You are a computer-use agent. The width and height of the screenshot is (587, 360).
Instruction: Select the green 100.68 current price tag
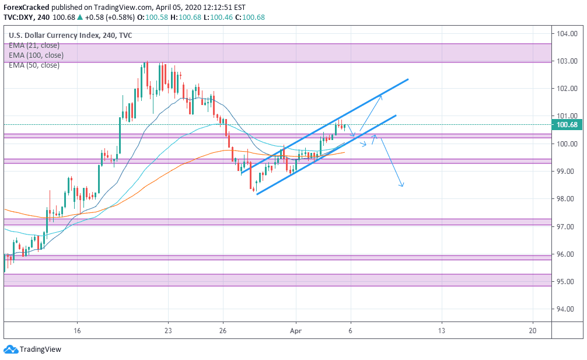click(567, 124)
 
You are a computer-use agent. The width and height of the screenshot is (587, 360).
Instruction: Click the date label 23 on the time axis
click(168, 330)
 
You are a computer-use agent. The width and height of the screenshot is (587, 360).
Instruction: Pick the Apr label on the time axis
click(295, 330)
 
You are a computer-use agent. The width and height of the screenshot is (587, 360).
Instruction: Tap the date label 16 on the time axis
click(77, 330)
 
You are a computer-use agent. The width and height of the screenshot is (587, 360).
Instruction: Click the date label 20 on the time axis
click(533, 330)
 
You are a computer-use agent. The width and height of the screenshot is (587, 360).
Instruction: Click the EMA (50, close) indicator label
click(34, 65)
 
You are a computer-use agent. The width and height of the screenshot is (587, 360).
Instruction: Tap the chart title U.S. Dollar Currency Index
click(53, 36)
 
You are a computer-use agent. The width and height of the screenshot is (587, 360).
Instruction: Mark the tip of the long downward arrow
click(402, 187)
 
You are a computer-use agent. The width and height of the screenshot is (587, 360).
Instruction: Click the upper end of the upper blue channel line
click(407, 79)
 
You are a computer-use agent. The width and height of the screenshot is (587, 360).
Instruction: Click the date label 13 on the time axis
click(442, 330)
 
